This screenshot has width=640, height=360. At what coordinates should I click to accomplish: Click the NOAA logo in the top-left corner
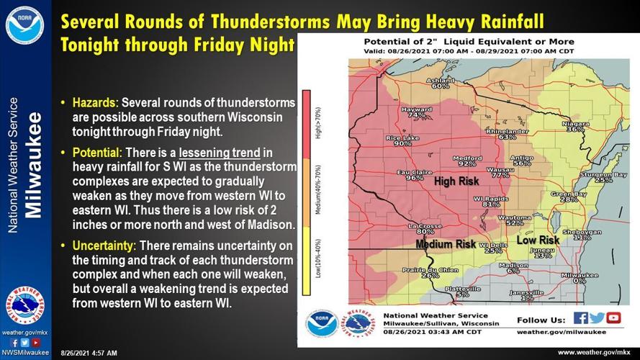click(24, 24)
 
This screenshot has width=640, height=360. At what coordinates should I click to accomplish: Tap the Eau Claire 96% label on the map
click(414, 174)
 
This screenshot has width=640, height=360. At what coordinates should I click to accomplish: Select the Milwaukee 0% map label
click(579, 278)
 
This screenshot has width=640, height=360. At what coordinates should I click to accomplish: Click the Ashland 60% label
click(441, 83)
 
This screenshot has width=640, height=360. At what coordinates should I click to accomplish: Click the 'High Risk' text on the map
click(456, 181)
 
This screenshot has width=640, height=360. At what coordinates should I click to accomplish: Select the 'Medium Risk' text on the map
click(446, 244)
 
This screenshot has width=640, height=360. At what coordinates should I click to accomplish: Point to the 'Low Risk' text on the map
click(538, 240)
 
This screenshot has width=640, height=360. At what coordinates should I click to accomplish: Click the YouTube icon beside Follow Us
click(613, 318)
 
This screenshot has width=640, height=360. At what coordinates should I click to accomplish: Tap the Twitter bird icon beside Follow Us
click(597, 318)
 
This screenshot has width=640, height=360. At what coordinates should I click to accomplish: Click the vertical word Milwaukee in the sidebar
click(34, 165)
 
